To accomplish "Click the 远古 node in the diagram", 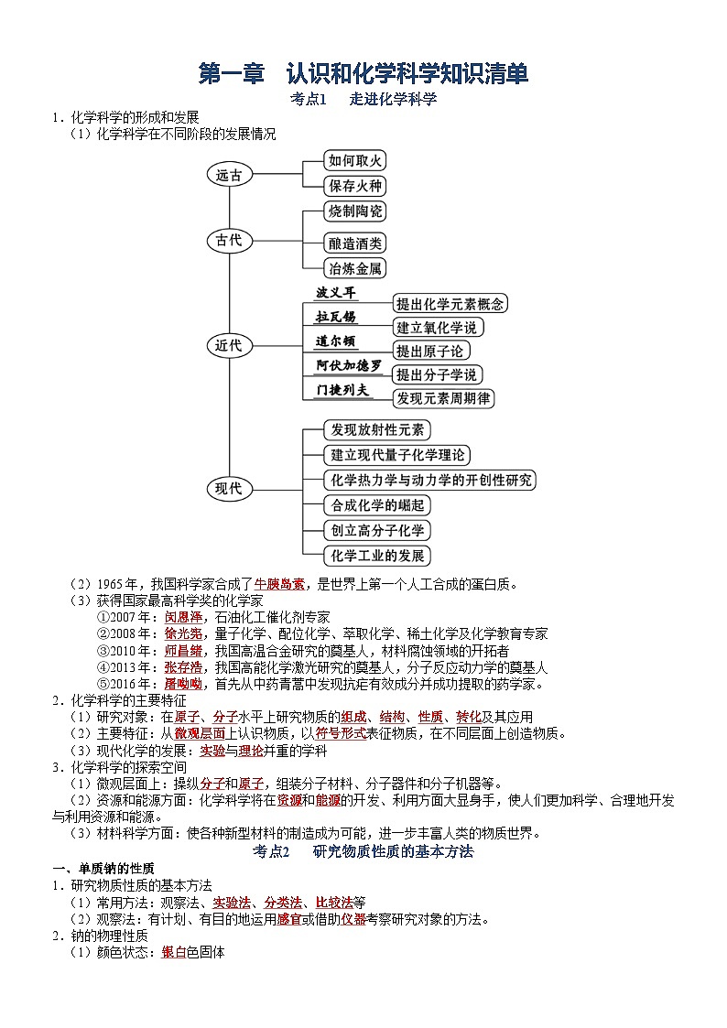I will pos(229,175).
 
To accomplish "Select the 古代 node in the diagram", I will pos(229,241).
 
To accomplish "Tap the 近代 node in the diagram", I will pos(229,345).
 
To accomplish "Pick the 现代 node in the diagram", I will pos(229,488).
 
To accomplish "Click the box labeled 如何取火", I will pos(355,160).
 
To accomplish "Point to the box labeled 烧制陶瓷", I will pos(355,211).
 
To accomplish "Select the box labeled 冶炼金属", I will pos(355,268).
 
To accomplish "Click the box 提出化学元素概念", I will pos(450,304).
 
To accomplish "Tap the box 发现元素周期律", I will pos(443,398).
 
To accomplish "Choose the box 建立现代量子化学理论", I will pos(397,455).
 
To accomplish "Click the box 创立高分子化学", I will pos(377,530).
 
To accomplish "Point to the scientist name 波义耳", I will pos(336,293).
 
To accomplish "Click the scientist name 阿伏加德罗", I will pos(349,365).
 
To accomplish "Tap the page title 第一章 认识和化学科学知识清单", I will pos(363,73).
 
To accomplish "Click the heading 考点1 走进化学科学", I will pos(363,100).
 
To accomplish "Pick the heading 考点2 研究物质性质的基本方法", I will pos(363,851).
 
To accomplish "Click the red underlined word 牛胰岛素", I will pos(279,583).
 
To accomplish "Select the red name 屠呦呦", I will pos(183,684).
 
